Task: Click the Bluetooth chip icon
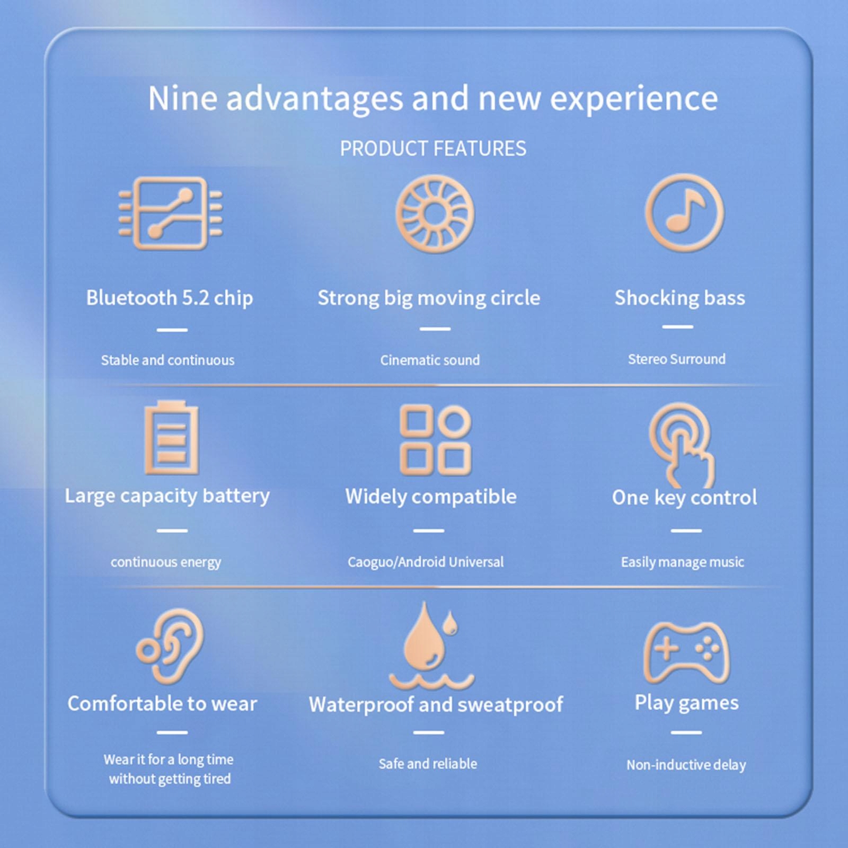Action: (170, 213)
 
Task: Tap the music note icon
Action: (684, 212)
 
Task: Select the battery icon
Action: (171, 437)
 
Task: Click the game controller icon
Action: (686, 652)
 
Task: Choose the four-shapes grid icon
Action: (435, 440)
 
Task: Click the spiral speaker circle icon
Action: (435, 214)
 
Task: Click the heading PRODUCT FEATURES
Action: (433, 148)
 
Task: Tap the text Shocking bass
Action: (680, 298)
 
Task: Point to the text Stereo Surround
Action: (677, 359)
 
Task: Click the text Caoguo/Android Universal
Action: (426, 562)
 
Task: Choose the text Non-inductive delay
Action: (686, 765)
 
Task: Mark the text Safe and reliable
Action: (428, 764)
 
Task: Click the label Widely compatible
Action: (431, 497)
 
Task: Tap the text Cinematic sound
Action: (430, 360)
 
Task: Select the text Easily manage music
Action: (683, 562)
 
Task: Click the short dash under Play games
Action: (686, 732)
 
